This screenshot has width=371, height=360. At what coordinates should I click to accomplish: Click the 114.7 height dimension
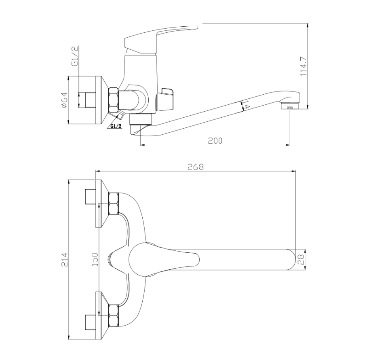304,66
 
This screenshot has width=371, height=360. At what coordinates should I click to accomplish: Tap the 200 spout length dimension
215,141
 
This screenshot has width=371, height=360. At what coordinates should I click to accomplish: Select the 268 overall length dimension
196,167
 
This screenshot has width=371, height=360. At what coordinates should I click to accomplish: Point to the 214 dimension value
65,260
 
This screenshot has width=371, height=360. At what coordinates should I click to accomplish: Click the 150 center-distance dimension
95,259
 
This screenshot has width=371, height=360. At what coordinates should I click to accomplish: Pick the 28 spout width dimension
301,260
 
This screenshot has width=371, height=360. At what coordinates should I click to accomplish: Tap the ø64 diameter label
64,100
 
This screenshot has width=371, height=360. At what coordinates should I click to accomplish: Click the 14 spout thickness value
246,104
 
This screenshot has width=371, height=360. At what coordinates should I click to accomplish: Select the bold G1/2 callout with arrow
116,126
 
